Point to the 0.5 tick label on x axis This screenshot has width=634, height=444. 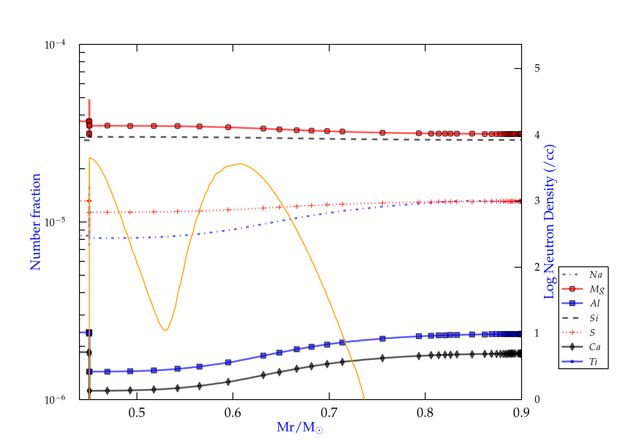click(x=137, y=413)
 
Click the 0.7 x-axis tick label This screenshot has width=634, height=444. click(x=329, y=413)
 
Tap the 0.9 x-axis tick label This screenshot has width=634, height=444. click(x=521, y=413)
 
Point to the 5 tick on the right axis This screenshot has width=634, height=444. click(x=537, y=69)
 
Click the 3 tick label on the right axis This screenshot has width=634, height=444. click(x=537, y=201)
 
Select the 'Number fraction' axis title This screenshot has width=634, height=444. click(x=36, y=222)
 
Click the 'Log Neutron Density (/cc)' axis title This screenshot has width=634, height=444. click(x=549, y=222)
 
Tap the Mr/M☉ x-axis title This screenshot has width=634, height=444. click(x=300, y=428)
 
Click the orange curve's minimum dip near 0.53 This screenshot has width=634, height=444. click(x=165, y=330)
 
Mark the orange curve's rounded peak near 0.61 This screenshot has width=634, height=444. click(x=240, y=164)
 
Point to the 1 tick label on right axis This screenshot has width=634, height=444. click(x=537, y=333)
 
